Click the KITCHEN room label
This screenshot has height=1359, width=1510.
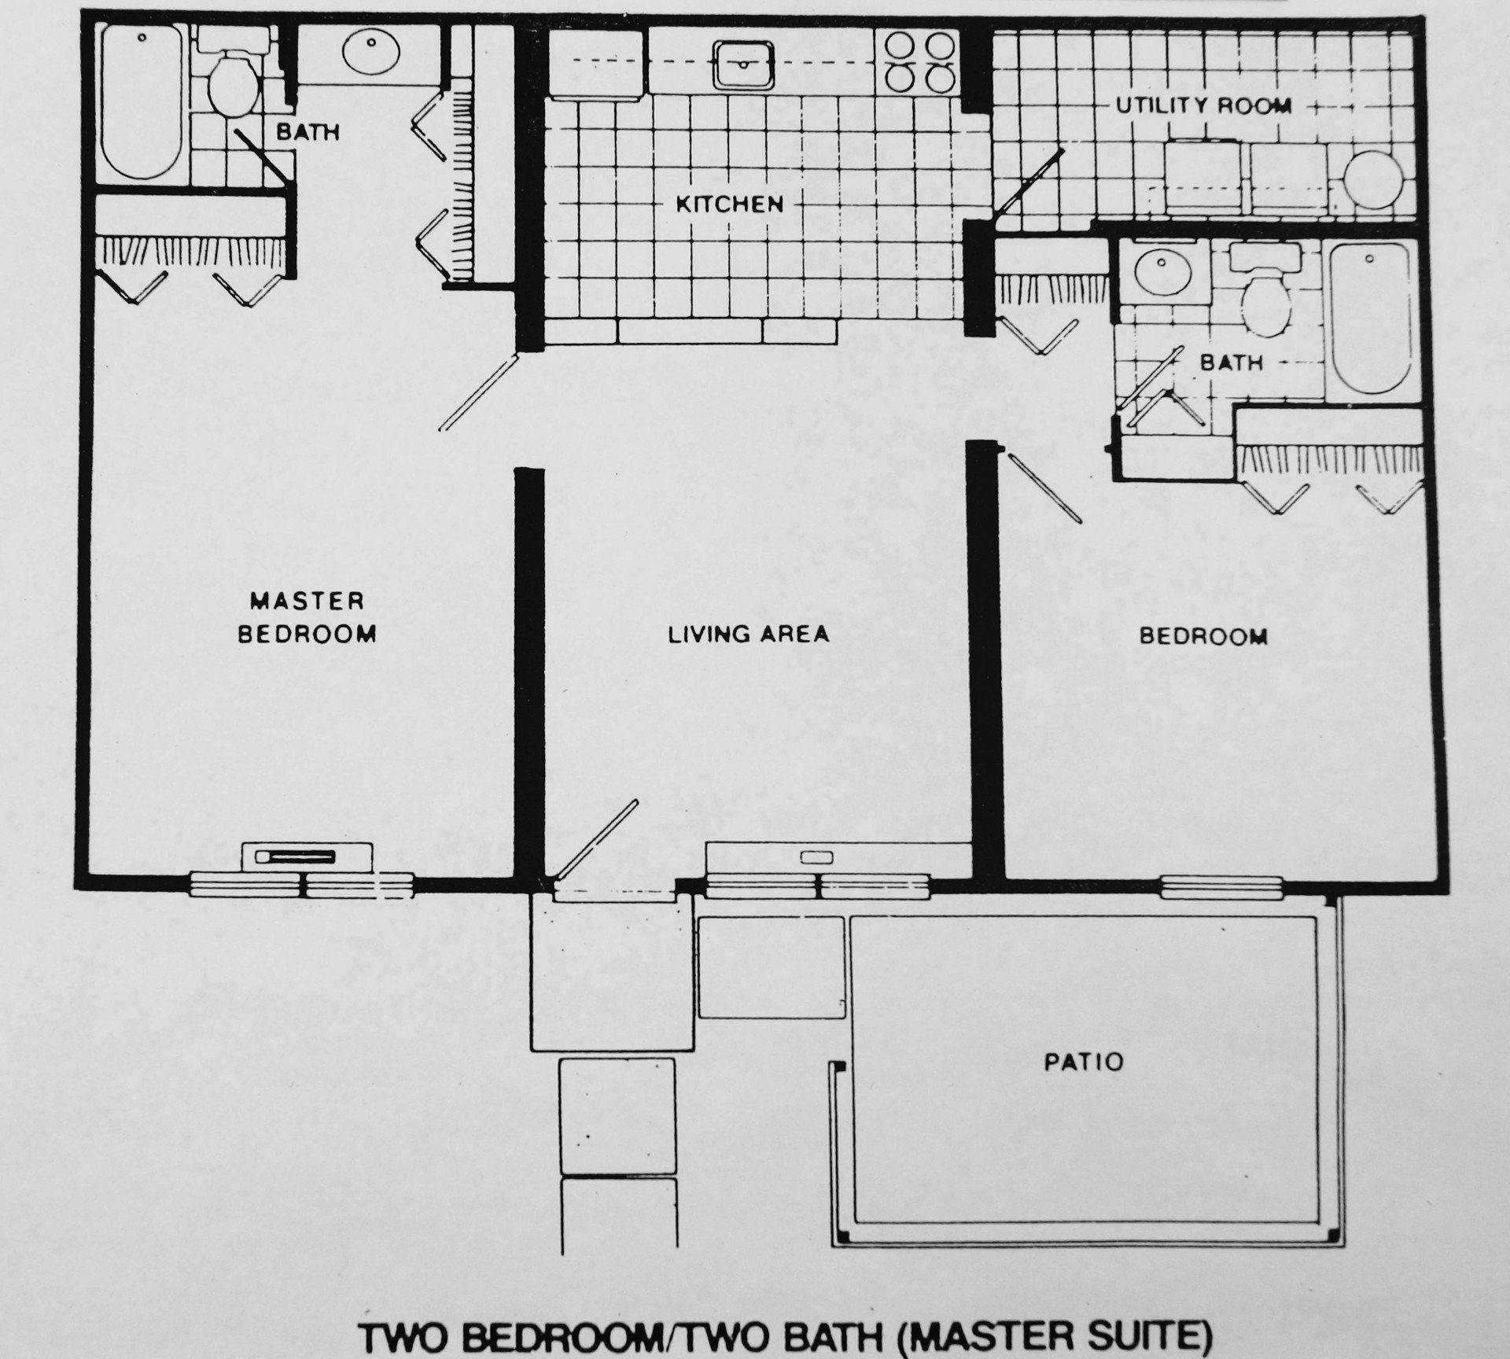click(730, 204)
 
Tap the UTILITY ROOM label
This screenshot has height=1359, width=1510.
click(1204, 105)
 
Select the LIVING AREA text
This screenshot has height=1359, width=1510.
click(749, 634)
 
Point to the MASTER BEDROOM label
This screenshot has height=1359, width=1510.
click(307, 617)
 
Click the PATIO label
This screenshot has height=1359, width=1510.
click(1084, 1062)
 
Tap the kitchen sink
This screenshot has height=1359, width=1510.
click(744, 64)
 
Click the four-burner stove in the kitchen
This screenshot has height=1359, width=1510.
click(920, 61)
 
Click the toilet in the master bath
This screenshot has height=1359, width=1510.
click(234, 79)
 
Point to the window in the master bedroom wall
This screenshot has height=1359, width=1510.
click(302, 886)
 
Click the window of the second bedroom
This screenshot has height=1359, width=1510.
click(1221, 887)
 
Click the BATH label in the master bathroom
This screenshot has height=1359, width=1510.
click(308, 132)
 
